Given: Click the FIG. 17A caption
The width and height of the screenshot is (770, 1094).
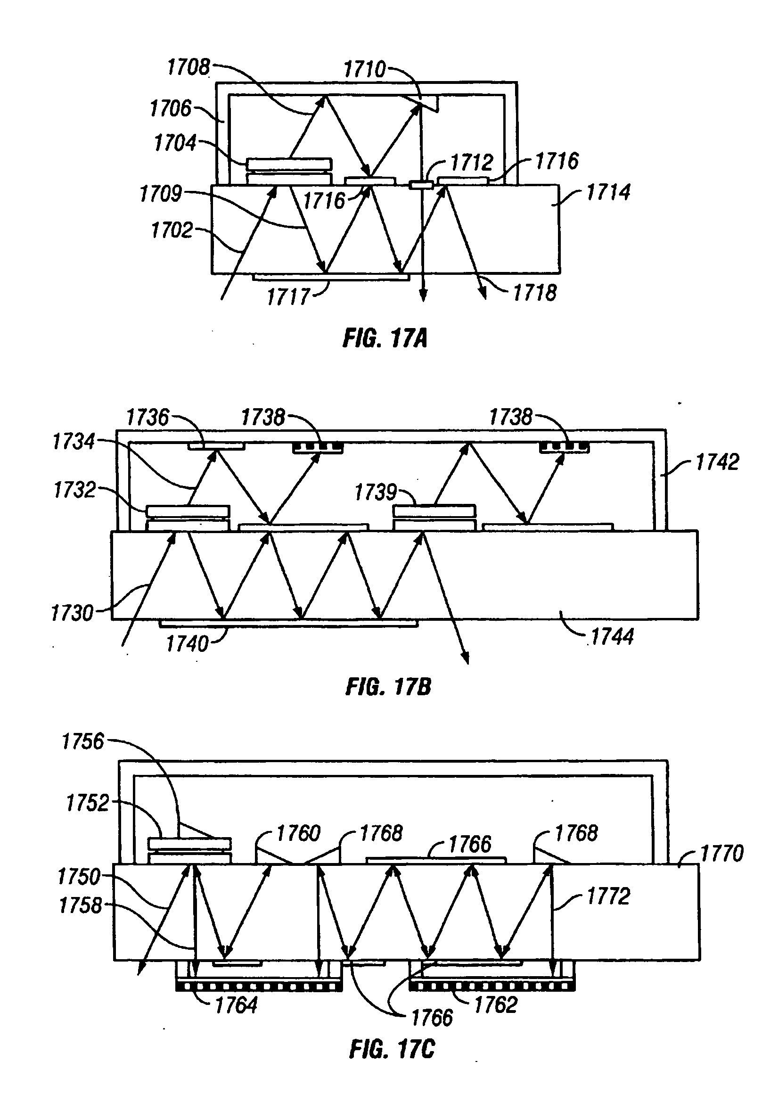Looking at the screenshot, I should click(x=385, y=339).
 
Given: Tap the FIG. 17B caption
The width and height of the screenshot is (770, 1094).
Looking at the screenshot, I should click(x=388, y=687).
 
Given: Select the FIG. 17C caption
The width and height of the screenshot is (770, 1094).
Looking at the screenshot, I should click(x=392, y=1049).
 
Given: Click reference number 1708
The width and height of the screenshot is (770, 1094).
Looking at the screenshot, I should click(x=188, y=67).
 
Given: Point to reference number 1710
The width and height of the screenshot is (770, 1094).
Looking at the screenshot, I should click(x=365, y=70).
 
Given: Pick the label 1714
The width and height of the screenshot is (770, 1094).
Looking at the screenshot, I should click(x=608, y=192).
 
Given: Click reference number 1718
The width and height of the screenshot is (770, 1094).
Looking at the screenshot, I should click(x=534, y=292).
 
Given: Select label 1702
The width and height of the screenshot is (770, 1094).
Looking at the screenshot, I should click(x=172, y=230).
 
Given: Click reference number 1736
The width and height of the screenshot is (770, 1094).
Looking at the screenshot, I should click(x=147, y=418).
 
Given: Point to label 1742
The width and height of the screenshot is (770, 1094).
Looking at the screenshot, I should click(x=717, y=462).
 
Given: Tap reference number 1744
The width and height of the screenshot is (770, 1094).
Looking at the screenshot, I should click(x=612, y=637).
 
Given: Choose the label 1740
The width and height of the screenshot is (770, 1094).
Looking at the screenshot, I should click(x=187, y=644).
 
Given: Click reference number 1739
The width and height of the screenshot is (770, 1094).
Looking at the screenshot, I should click(x=376, y=492).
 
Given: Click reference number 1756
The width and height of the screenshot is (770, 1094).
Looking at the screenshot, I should click(x=83, y=742).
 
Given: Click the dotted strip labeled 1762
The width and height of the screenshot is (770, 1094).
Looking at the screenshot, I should click(x=491, y=987).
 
